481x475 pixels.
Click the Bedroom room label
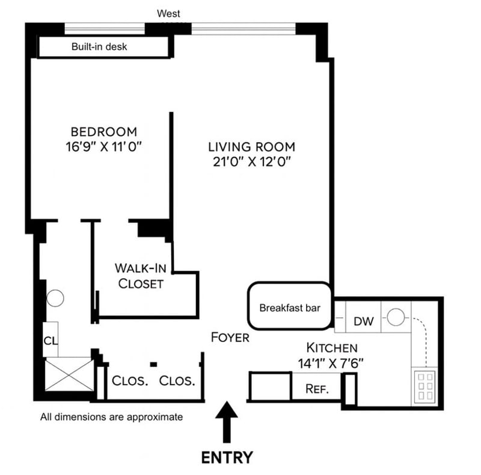click(x=103, y=131)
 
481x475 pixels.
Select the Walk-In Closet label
click(x=140, y=276)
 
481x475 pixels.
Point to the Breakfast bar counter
click(x=289, y=307)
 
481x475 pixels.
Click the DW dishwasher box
click(x=364, y=321)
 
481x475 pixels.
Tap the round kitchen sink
click(x=395, y=317)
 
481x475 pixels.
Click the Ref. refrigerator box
click(x=317, y=389)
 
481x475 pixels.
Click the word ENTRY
click(x=227, y=457)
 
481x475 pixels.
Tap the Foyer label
click(x=230, y=338)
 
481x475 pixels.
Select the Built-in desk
click(x=99, y=46)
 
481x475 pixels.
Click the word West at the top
click(x=168, y=13)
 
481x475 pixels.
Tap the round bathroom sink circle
click(x=55, y=297)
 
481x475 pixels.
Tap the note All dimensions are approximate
click(x=111, y=416)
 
